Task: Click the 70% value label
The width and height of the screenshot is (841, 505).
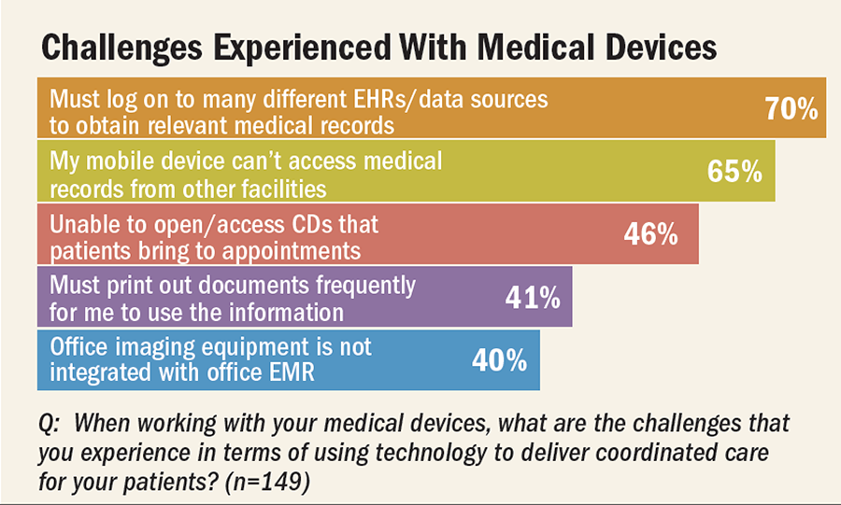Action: tap(791, 110)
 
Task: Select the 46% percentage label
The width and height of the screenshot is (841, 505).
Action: tap(650, 234)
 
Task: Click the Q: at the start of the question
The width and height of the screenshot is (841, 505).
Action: tap(50, 423)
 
